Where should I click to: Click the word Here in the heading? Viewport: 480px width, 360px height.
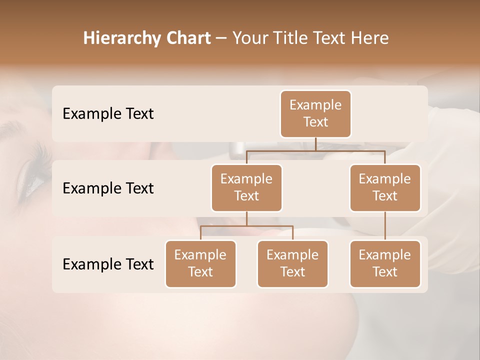[x=370, y=38]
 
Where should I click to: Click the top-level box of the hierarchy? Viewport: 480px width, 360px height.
[x=315, y=114]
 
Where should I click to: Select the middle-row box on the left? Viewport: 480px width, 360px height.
[x=246, y=188]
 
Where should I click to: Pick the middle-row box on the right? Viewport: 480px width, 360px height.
[x=385, y=188]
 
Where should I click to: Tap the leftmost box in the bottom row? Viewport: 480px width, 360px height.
[x=200, y=264]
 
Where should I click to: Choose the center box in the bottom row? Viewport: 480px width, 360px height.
[x=292, y=264]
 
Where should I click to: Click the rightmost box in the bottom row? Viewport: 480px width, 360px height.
[x=385, y=264]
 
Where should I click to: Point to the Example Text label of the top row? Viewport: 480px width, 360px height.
[x=108, y=114]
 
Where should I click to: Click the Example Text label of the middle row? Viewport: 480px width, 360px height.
[x=108, y=188]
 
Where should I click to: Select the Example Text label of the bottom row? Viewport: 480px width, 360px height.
[x=108, y=264]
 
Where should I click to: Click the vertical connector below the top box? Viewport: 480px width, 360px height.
[x=315, y=144]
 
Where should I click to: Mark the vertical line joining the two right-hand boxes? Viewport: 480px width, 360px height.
[x=385, y=226]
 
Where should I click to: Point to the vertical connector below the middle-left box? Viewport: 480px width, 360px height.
[x=246, y=219]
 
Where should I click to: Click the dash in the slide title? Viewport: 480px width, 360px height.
[x=221, y=39]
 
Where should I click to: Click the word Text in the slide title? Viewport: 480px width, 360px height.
[x=329, y=38]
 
